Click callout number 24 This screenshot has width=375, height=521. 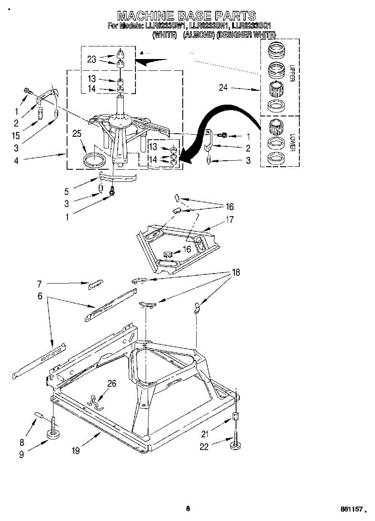point(223,88)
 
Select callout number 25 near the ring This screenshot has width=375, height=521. point(77,134)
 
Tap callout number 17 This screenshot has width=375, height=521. point(230,220)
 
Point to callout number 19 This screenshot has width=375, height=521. point(76,451)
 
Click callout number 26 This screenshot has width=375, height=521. point(112,383)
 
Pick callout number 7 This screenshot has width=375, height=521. point(39,284)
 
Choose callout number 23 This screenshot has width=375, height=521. point(91,59)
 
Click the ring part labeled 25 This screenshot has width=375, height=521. point(95,159)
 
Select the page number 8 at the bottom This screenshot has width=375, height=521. point(187,509)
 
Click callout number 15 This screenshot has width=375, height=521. point(16,135)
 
